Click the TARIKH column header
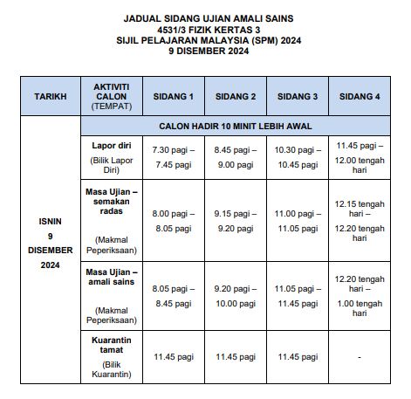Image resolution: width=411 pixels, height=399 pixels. click(49, 95)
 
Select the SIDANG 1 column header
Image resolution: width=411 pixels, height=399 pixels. click(173, 95)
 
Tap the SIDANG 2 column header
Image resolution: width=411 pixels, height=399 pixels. click(235, 95)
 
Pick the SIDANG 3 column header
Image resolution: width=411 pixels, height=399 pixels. click(297, 95)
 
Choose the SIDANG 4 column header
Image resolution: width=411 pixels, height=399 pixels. click(359, 95)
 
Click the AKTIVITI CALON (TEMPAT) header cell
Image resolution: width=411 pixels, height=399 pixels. click(111, 95)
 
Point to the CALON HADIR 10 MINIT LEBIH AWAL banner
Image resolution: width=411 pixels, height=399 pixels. click(236, 126)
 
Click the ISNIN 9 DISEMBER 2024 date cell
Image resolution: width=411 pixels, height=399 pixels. click(49, 249)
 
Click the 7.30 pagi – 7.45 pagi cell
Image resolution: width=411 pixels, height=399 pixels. click(173, 157)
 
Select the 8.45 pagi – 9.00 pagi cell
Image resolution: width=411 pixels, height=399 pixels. click(235, 157)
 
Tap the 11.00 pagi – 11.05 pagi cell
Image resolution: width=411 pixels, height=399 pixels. click(297, 219)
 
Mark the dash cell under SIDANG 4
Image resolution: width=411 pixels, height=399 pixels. click(359, 356)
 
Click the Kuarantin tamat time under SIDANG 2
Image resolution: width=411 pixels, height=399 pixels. click(235, 356)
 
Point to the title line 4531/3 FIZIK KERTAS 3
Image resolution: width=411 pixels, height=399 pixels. click(206, 29)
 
